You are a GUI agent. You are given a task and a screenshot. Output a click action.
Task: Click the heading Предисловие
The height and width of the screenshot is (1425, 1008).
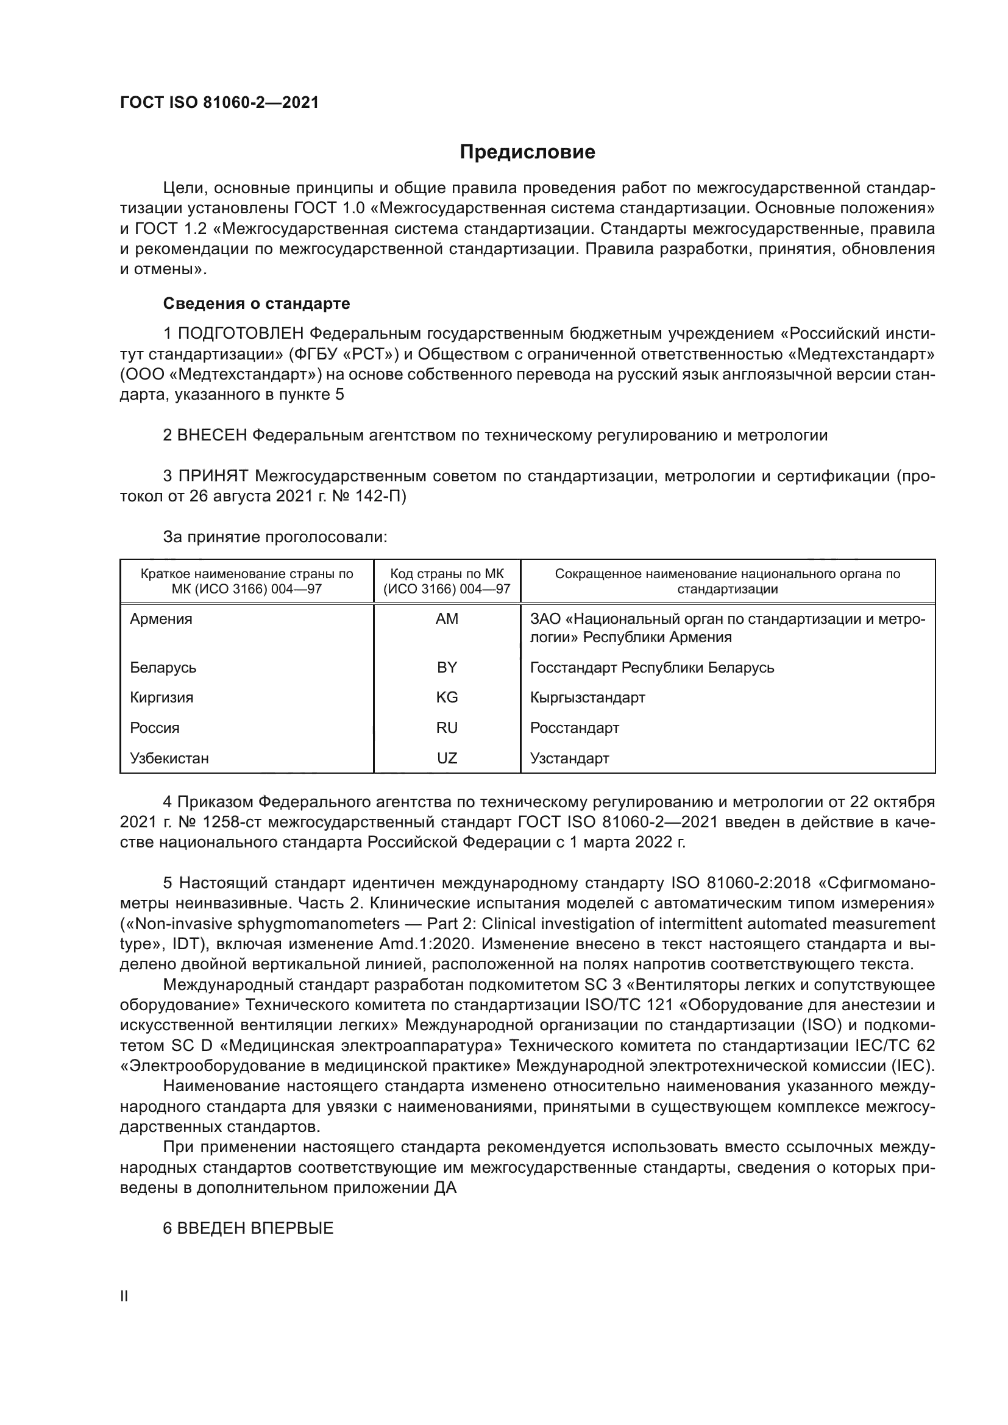tap(527, 152)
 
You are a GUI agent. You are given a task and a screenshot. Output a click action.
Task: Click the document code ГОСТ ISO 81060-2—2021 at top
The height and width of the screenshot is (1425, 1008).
tap(219, 102)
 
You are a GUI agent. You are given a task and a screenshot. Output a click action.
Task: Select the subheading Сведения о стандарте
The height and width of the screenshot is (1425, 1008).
tap(257, 303)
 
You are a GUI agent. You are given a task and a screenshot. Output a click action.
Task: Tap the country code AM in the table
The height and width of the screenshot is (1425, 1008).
tap(447, 619)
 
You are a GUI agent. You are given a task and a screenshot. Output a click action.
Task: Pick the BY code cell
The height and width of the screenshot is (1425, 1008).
tap(447, 667)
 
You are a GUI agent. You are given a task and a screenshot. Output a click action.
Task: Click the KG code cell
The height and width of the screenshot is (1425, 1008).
tap(447, 697)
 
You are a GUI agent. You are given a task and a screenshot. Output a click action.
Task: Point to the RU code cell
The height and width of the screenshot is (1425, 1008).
tap(447, 727)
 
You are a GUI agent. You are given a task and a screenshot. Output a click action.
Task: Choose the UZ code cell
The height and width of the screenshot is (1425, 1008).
tap(447, 758)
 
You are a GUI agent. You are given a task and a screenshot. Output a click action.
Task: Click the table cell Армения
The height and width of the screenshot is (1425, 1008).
tap(161, 619)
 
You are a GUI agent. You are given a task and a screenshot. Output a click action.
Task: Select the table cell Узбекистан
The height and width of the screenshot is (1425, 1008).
tap(169, 758)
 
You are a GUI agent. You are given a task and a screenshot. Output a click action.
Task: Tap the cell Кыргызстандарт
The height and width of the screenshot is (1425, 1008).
tap(587, 697)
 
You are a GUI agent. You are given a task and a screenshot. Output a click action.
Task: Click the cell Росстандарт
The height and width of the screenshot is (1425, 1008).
tap(574, 727)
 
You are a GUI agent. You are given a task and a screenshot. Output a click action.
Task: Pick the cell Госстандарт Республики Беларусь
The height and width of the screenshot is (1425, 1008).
tap(651, 667)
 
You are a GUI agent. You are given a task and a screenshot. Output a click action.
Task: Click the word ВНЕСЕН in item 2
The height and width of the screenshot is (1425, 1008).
tap(211, 435)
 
